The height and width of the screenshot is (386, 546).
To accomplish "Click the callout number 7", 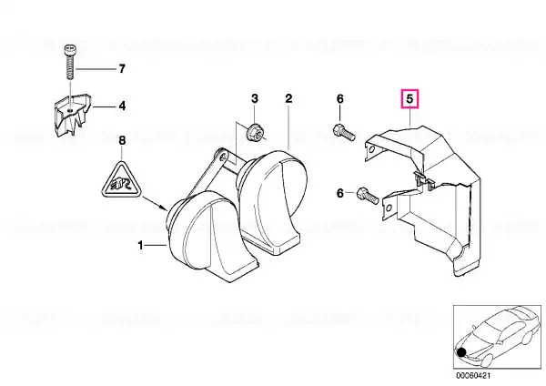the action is coord(122,68).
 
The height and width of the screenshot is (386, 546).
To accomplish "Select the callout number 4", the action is coord(122,106).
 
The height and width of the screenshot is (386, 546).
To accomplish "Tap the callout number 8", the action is coord(122,141).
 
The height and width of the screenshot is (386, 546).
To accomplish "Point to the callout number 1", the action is coord(140,246).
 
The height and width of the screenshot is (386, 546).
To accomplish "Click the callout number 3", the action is coord(255,98).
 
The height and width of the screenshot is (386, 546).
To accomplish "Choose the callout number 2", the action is coord(288,98).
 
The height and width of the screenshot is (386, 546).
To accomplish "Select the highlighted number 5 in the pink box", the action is coord(409,99).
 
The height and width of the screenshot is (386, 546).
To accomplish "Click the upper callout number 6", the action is coord(339,99).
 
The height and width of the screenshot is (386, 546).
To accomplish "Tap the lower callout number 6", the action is coord(339,193).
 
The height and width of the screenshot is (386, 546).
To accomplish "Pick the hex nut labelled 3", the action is coord(252,133).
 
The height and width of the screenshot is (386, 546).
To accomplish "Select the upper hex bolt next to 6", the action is coord(344,132).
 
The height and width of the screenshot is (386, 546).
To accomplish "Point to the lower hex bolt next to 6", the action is coord(368,196).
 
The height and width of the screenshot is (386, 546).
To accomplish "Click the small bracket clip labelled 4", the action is coord(72,115).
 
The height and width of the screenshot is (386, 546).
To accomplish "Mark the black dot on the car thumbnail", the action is coord(461,352).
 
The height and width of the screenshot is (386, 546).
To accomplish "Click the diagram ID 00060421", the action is coord(473,376).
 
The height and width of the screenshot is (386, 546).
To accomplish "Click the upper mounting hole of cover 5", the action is coord(372,150).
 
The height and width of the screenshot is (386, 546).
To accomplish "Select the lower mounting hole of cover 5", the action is coord(389,208).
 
